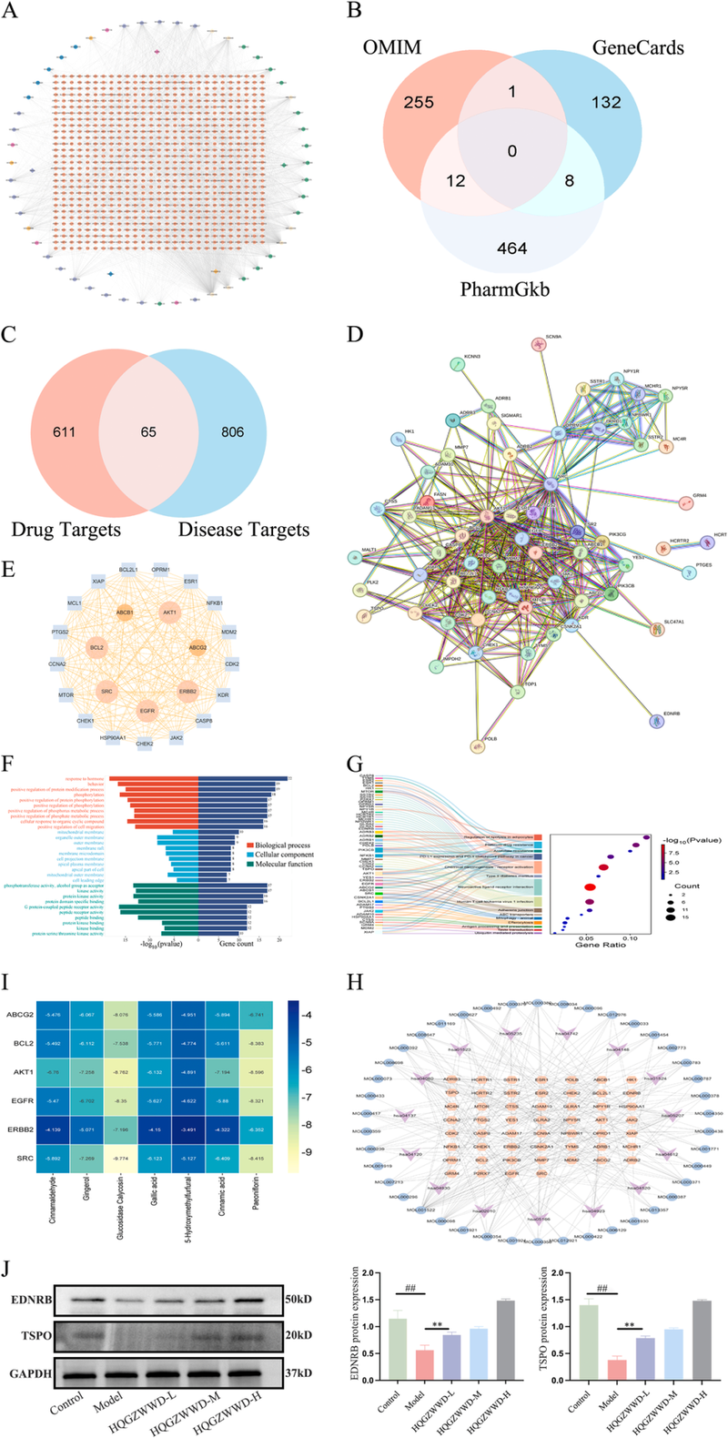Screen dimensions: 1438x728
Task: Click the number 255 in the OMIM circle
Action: (419, 103)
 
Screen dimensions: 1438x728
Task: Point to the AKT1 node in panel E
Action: (169, 613)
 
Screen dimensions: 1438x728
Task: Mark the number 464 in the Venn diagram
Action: (512, 248)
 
